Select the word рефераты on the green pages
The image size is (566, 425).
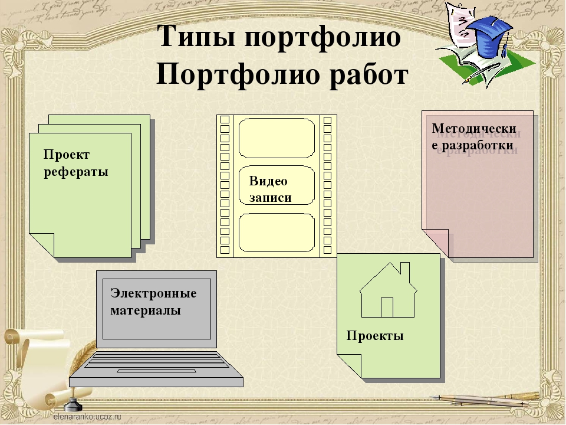tap(76, 172)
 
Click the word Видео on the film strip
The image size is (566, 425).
tap(268, 181)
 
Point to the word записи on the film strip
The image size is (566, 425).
tap(271, 197)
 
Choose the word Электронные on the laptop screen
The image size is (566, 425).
tap(153, 293)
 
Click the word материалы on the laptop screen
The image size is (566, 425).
tap(146, 310)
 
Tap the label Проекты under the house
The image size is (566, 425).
tap(375, 336)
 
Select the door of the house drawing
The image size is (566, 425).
tap(387, 308)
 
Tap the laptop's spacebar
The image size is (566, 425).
tap(157, 371)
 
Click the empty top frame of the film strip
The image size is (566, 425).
tap(277, 138)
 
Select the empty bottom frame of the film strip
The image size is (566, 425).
tap(277, 233)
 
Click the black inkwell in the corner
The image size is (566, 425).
tap(73, 404)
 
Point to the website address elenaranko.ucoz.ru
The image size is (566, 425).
tap(87, 417)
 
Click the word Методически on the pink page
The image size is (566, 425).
tap(474, 128)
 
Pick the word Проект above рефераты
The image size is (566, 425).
tap(67, 155)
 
